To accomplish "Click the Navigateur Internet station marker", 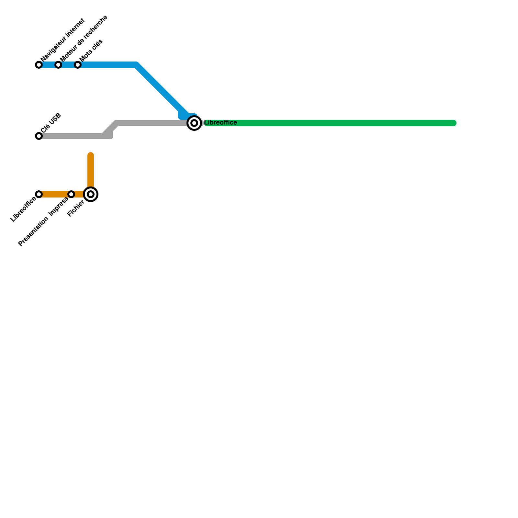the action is pos(39,65).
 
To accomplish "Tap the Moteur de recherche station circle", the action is pos(58,65).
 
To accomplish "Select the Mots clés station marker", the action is pos(78,65).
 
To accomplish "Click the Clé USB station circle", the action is pos(39,136).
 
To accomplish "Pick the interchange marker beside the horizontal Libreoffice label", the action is pos(194,123).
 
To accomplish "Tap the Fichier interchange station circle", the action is pos(91,194).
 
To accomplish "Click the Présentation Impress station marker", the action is pos(71,194).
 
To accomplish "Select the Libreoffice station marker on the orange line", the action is pos(39,194).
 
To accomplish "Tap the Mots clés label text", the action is pos(91,50).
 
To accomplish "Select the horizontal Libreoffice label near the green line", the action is pos(220,123).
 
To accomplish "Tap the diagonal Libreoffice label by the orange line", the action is pos(23,209).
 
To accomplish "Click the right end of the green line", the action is pos(454,123).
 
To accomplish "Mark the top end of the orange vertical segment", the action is pos(91,155).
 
